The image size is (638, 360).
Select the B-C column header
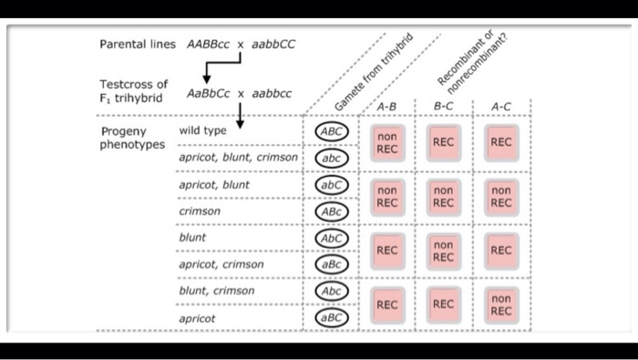click(x=443, y=107)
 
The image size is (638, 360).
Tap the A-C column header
click(x=500, y=107)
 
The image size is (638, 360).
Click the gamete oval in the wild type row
click(x=332, y=131)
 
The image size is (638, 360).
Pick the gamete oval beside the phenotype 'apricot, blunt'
click(x=332, y=184)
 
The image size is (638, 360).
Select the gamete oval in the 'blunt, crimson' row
click(x=332, y=291)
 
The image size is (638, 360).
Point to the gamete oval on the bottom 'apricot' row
click(x=332, y=318)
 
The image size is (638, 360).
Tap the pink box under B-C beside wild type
click(x=443, y=143)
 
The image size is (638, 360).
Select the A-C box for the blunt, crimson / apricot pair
click(x=500, y=304)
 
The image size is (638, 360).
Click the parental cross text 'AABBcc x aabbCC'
click(x=241, y=44)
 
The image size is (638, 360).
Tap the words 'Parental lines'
click(x=138, y=44)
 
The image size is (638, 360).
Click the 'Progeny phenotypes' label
click(x=133, y=138)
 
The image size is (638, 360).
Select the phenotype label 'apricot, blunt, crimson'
click(x=238, y=158)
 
